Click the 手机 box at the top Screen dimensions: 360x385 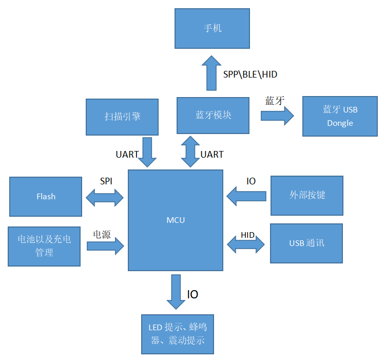pyautogui.click(x=212, y=28)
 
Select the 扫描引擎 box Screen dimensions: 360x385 pyautogui.click(x=122, y=117)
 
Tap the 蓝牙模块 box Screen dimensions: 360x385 pyautogui.click(x=213, y=115)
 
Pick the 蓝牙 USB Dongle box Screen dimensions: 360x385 pyautogui.click(x=340, y=116)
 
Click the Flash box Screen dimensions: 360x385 pyautogui.click(x=46, y=196)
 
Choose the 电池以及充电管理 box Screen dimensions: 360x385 pyautogui.click(x=44, y=246)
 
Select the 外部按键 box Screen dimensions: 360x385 pyautogui.click(x=307, y=195)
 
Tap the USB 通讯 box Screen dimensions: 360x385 pyautogui.click(x=306, y=243)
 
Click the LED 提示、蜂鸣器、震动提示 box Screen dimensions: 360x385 pyautogui.click(x=177, y=334)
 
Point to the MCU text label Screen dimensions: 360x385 pyautogui.click(x=176, y=220)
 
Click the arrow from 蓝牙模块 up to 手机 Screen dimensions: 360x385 pyautogui.click(x=210, y=72)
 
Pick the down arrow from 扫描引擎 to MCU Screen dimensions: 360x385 pyautogui.click(x=148, y=151)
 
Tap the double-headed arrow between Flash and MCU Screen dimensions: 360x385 pyautogui.click(x=105, y=197)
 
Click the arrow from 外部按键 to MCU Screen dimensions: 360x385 pyautogui.click(x=246, y=196)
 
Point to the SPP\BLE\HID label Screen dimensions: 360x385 pyautogui.click(x=250, y=74)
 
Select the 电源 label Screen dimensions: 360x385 pyautogui.click(x=102, y=234)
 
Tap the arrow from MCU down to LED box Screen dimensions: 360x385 pyautogui.click(x=176, y=291)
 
